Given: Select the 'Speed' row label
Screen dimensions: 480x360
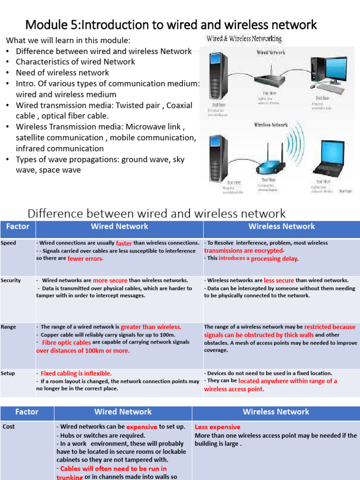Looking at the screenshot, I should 8,243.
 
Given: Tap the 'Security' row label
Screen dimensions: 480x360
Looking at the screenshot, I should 11,280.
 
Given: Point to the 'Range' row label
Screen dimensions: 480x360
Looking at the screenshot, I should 8,327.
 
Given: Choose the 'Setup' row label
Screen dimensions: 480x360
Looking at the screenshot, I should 8,373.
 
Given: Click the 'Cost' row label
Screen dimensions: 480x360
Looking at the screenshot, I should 9,427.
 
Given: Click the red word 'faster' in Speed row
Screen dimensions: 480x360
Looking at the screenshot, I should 124,243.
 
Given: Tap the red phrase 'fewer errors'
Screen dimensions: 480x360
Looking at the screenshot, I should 85,259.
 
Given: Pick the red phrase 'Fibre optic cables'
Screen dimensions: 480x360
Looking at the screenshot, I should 66,343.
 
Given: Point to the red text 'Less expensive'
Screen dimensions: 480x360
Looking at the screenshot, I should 217,427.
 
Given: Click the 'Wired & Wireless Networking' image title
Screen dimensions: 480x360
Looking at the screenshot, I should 244,39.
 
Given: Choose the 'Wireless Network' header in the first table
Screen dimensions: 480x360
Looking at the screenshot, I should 281,227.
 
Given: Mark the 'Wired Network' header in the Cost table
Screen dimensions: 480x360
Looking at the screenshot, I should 123,412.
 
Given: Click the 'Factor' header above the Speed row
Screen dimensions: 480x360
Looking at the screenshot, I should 18,227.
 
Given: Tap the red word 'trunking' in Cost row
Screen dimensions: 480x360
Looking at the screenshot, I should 69,477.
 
